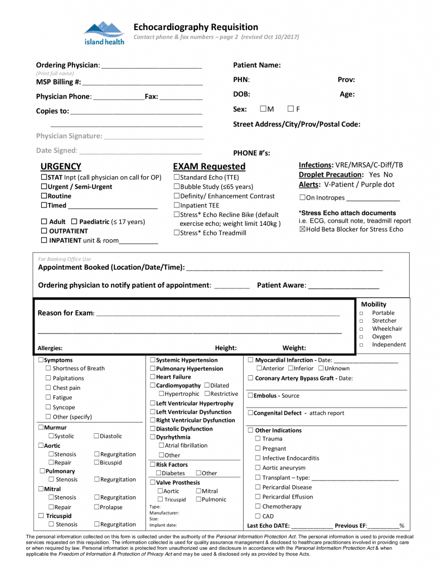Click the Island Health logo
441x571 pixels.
pos(104,33)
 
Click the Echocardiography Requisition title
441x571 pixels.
pos(195,27)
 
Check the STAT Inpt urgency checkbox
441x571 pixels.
pos(44,177)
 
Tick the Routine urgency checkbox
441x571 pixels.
pos(44,196)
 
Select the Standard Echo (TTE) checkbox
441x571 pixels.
pos(176,177)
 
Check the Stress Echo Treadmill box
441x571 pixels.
pos(176,233)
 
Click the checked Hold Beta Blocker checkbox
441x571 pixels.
pos(302,229)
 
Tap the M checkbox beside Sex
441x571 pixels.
pos(263,109)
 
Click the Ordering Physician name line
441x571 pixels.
pos(151,65)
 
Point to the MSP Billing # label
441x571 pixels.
pos(59,81)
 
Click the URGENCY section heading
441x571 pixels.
pos(61,166)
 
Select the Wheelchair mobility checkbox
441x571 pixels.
pos(361,329)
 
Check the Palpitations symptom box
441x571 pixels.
pos(48,379)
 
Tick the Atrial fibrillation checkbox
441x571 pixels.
pos(161,446)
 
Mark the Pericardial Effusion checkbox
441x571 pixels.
pos(258,497)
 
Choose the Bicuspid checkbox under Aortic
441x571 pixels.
pos(96,463)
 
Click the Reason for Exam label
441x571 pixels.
pos(66,313)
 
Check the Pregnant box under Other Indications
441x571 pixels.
pos(258,449)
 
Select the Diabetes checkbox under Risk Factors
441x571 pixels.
pos(158,473)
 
